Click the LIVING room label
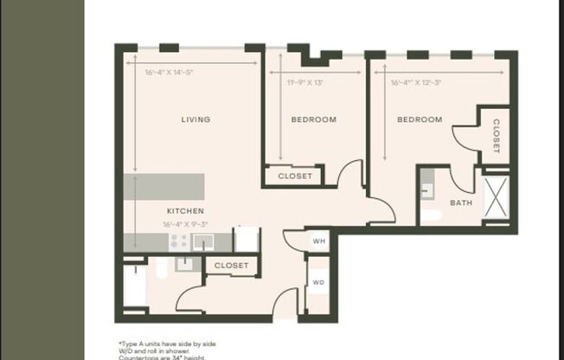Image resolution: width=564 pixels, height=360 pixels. (x=195, y=119)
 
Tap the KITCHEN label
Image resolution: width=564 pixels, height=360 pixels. (x=185, y=211)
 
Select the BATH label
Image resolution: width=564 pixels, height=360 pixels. (x=460, y=203)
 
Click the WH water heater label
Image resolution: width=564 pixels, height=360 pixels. (x=318, y=241)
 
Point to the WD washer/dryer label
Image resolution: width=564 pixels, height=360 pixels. (x=318, y=282)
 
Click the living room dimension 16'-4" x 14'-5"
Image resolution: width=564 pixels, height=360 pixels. (x=169, y=73)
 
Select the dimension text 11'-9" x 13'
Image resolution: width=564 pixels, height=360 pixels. (x=304, y=83)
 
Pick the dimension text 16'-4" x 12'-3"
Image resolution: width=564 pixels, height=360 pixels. (x=417, y=83)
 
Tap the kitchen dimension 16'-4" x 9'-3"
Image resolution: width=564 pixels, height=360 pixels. (x=185, y=224)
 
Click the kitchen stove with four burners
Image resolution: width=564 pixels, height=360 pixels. (x=179, y=241)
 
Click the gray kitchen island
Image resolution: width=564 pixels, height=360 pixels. (x=163, y=186)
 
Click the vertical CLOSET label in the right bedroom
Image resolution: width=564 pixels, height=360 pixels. (x=497, y=136)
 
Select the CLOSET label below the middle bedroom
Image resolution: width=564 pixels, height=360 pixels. (x=294, y=177)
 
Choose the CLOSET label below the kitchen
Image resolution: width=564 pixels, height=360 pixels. (x=231, y=266)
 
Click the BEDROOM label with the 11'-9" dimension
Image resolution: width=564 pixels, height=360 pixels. (x=313, y=119)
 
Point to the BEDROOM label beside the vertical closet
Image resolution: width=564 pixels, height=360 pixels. (x=420, y=119)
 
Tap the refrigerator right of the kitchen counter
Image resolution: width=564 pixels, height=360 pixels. (x=247, y=240)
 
